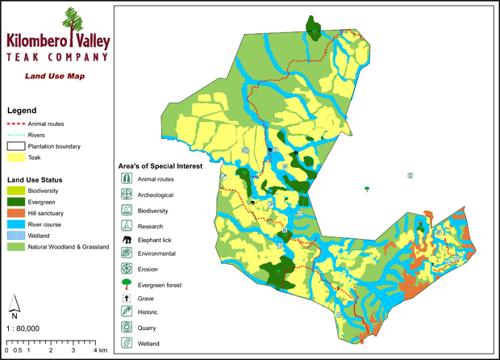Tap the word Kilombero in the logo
37,40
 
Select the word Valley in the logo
93,40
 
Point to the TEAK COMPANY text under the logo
56,57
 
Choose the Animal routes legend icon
127,179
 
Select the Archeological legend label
155,195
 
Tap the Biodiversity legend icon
127,211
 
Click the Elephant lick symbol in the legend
127,240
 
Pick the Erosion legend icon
127,269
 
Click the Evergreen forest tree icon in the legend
127,284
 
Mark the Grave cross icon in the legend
127,299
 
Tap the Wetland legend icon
127,343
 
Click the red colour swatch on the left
15,123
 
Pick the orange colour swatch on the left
15,213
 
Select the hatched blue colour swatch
15,236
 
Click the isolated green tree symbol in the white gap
367,190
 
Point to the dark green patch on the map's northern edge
313,29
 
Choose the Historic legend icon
127,312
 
